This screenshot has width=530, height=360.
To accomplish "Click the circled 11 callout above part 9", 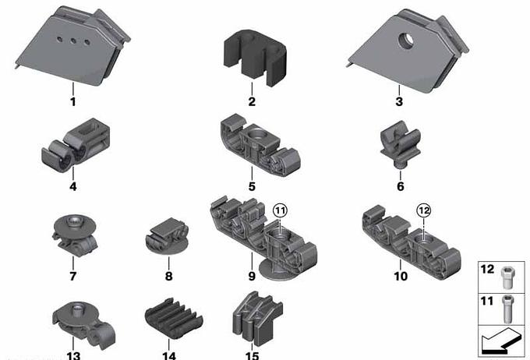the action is (x=281, y=210).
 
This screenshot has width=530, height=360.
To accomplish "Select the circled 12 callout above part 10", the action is (x=424, y=210).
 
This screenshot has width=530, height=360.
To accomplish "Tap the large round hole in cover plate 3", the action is (x=406, y=41).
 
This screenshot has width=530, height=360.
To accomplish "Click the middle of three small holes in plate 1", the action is (x=73, y=41).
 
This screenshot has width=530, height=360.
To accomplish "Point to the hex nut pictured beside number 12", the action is (x=506, y=277).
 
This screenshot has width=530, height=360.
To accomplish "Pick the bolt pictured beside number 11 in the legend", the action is (x=506, y=309).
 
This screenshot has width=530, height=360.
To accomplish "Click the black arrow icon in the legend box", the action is (x=501, y=342).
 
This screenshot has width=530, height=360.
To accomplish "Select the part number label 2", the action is (x=252, y=101).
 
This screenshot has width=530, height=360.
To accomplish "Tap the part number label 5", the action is (x=252, y=186).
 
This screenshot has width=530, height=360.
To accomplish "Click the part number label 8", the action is (x=168, y=276).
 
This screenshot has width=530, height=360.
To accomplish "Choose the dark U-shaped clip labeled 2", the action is (x=255, y=58).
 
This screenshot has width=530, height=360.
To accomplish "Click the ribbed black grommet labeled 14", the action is (x=174, y=318).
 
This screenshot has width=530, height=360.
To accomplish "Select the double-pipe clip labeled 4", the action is (x=76, y=145).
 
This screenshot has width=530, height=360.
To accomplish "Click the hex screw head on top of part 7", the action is (x=73, y=221).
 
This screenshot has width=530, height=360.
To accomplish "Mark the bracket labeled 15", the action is (x=257, y=319).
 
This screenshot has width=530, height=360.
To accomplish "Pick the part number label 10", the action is (x=401, y=276).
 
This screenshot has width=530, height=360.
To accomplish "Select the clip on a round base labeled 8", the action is (x=167, y=237).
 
